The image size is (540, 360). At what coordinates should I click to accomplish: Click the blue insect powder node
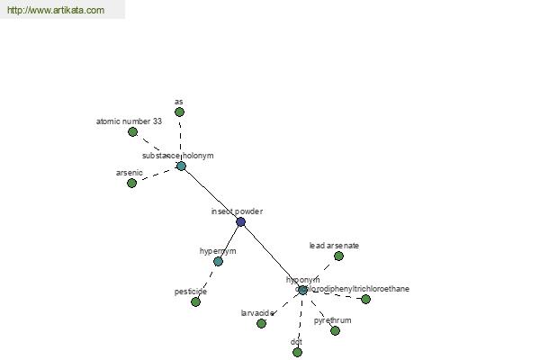(x=240, y=221)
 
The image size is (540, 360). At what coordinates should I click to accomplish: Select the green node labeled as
(x=179, y=112)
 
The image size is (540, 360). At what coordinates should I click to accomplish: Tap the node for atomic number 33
(x=132, y=131)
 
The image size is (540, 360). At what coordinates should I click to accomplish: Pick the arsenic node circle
(x=131, y=183)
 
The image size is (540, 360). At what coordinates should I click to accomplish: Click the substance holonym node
(x=181, y=166)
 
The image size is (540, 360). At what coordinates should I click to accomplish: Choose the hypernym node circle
(x=218, y=261)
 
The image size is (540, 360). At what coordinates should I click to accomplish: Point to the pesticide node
(x=195, y=301)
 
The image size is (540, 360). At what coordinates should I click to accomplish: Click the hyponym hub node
(x=302, y=290)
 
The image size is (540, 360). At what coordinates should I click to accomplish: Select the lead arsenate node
(x=338, y=256)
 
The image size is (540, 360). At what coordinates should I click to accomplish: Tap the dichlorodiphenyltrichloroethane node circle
(x=365, y=299)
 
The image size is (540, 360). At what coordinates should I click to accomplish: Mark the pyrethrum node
(x=335, y=330)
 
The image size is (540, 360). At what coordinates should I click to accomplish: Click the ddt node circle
(x=297, y=352)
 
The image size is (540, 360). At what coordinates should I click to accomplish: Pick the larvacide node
(x=261, y=323)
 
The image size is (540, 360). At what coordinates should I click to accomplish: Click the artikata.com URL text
(x=55, y=10)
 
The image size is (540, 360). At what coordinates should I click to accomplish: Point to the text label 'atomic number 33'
(x=130, y=121)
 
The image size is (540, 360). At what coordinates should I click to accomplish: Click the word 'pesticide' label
(x=191, y=292)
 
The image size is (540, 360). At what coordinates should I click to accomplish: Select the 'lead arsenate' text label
(x=334, y=245)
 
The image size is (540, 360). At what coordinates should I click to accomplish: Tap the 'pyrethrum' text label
(x=332, y=320)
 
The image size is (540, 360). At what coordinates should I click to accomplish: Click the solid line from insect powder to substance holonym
(x=211, y=193)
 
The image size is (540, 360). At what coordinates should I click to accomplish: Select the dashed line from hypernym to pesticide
(x=207, y=281)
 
